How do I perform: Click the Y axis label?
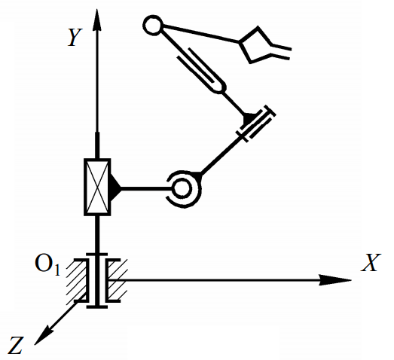75,37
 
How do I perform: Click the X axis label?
371,263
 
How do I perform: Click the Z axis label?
16,345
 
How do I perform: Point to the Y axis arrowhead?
96,20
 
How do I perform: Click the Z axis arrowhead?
43,335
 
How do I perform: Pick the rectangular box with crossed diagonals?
97,188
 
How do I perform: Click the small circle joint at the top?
153,25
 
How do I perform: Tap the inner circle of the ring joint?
182,189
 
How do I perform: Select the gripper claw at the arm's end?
264,45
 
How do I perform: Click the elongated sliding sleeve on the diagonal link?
201,70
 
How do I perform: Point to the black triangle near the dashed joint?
249,119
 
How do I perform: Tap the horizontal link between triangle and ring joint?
146,188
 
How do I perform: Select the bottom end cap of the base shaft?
97,307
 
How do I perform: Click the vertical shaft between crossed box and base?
97,234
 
